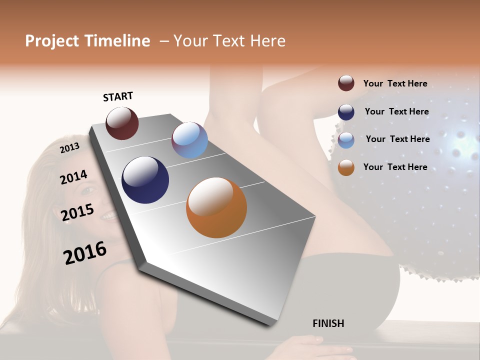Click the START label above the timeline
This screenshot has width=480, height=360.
[118, 96]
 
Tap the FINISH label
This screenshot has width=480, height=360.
[328, 323]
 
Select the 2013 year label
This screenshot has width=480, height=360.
[69, 147]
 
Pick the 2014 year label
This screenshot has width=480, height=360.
[74, 177]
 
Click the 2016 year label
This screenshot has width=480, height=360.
[85, 253]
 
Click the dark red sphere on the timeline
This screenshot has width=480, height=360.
[122, 123]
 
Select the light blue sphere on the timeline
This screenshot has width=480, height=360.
[189, 140]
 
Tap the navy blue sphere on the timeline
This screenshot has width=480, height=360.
[145, 180]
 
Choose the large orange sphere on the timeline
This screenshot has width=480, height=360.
[216, 207]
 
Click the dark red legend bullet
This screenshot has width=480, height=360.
[346, 83]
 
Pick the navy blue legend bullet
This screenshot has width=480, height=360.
[346, 112]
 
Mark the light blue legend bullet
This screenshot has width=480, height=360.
[346, 140]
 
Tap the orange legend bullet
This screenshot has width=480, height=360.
[346, 167]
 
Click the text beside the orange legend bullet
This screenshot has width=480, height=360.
[395, 167]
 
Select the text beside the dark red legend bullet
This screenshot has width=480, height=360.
[395, 83]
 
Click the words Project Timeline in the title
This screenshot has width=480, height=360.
[87, 41]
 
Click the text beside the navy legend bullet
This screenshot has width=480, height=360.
[396, 111]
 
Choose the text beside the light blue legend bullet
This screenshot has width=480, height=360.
[397, 139]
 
